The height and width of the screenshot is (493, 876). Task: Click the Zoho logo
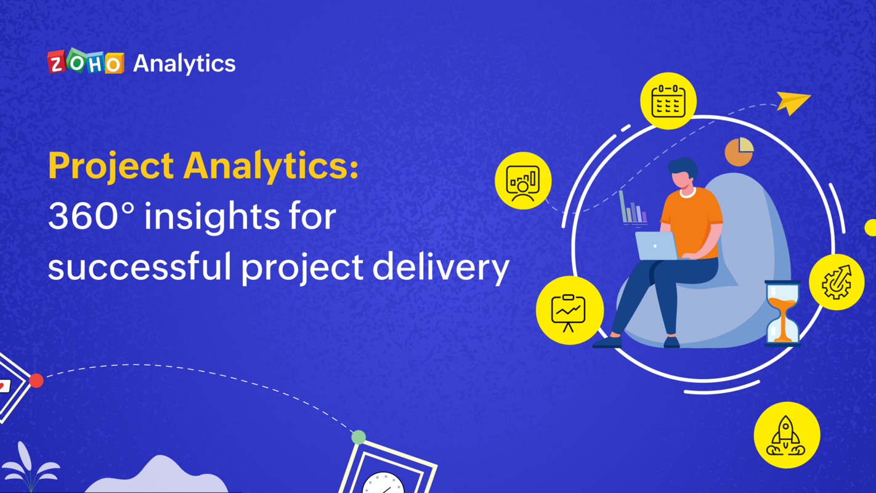click(x=86, y=62)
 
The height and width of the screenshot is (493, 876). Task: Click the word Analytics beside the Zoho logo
click(x=184, y=63)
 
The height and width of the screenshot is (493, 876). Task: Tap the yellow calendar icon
click(x=668, y=101)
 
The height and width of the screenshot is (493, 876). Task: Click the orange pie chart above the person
click(x=739, y=152)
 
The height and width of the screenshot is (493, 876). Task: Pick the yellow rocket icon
click(x=787, y=435)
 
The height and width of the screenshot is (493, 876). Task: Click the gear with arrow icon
click(x=837, y=282)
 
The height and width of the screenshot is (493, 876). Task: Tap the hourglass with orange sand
click(x=782, y=312)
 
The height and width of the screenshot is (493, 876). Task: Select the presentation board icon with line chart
click(x=569, y=311)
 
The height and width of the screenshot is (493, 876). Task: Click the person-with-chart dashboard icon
click(x=523, y=181)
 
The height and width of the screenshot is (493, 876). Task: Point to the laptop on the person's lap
click(x=656, y=246)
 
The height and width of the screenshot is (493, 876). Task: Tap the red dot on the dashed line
click(x=36, y=381)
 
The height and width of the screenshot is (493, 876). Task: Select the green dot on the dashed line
click(x=359, y=438)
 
